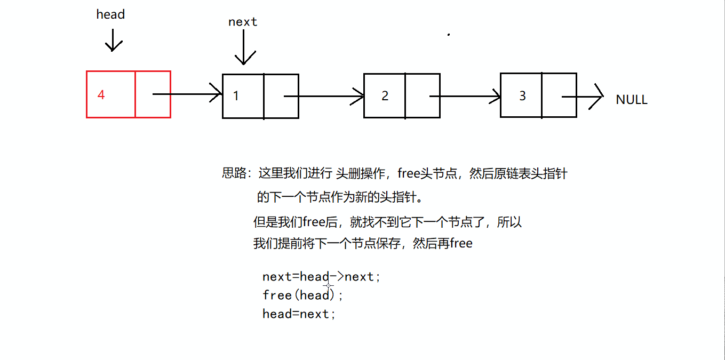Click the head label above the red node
point(110,14)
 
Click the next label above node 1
point(243,22)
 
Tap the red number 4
point(101,95)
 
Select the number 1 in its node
point(236,96)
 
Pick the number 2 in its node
point(385,96)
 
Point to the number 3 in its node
point(522,95)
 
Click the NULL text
point(632,100)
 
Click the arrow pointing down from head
point(113,40)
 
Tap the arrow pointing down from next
point(243,48)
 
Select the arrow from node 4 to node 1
point(187,94)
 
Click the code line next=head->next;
point(322,277)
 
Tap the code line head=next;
point(299,314)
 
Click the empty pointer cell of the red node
point(153,94)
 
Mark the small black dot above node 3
point(449,35)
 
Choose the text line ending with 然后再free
point(363,244)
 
